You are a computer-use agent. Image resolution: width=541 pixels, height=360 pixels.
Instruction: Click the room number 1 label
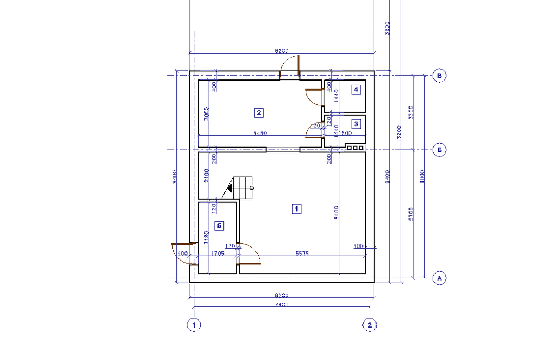click(x=296, y=208)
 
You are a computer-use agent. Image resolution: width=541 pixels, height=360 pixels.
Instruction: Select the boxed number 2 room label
click(x=259, y=113)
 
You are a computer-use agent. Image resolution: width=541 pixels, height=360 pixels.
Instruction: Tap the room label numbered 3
click(x=355, y=124)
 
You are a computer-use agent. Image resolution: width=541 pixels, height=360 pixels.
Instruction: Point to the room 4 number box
click(x=355, y=90)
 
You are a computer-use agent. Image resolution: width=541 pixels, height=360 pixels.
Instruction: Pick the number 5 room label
click(x=219, y=225)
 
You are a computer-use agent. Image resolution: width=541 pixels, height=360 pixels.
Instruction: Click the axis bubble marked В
click(x=440, y=76)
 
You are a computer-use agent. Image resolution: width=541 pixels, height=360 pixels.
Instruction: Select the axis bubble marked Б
click(x=440, y=150)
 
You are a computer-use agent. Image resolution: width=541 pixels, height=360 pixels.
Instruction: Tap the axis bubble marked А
click(x=440, y=278)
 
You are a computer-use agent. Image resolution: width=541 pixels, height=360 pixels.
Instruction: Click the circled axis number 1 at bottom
click(x=193, y=325)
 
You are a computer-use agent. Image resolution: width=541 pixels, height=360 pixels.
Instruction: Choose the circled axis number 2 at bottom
click(x=370, y=325)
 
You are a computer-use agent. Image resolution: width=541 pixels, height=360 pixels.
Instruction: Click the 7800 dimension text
click(x=281, y=305)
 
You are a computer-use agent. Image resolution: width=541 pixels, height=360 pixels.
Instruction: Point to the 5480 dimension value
click(x=260, y=134)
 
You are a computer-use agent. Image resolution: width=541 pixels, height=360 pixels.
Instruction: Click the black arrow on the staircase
click(x=230, y=189)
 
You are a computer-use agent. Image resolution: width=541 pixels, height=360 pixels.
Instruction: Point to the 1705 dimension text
click(x=217, y=253)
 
